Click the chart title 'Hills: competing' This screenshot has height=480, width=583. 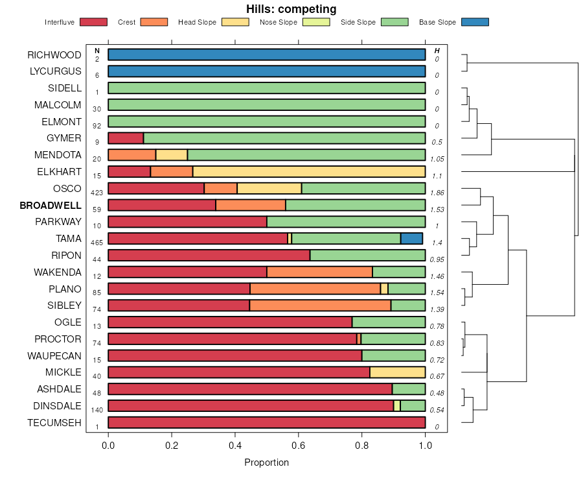291,9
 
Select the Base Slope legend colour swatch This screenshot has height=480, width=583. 475,22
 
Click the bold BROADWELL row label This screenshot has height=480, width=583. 51,206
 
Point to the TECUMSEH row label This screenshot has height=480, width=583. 54,423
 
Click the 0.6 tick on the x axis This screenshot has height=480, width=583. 298,446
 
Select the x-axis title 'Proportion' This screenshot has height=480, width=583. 266,462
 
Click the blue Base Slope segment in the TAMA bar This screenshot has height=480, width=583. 411,239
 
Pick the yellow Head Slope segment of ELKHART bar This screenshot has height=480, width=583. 308,171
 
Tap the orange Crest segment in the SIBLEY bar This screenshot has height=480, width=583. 320,306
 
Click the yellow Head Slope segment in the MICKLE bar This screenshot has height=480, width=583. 397,372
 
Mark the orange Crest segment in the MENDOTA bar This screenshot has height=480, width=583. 131,155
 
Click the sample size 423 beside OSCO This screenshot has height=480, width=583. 97,193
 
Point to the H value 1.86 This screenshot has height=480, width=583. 437,193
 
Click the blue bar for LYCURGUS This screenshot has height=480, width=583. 266,71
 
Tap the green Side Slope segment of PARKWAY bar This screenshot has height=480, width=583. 346,222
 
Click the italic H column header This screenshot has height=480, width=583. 437,51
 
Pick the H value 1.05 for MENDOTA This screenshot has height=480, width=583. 437,159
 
